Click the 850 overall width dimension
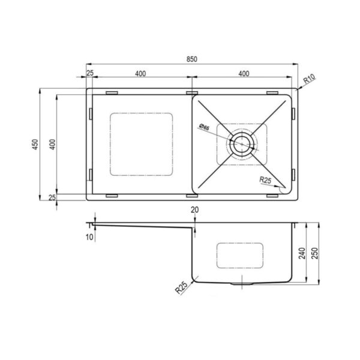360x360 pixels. coord(192,59)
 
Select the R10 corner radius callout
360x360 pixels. coord(310,79)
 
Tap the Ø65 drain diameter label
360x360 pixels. coord(205,127)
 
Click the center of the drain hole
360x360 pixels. coord(242,144)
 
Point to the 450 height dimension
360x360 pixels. coord(35,145)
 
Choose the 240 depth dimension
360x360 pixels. coord(302,253)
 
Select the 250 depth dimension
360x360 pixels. coord(315,253)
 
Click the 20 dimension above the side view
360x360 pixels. coord(194,209)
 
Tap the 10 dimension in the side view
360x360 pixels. coord(89,237)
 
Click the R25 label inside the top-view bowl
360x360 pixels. coord(265,180)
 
